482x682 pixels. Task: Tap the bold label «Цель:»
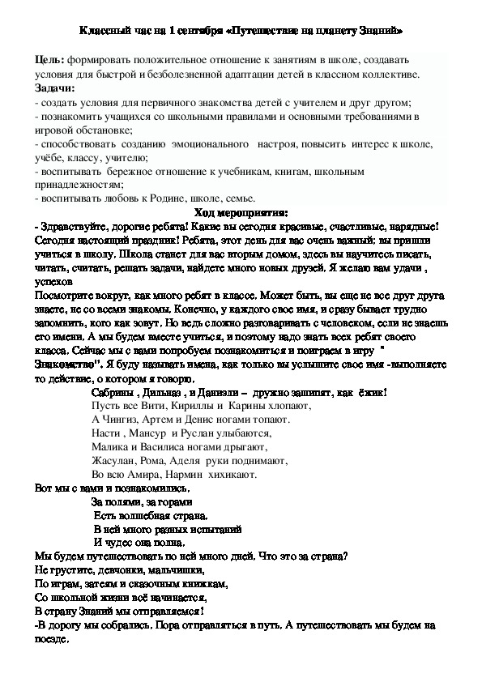51,61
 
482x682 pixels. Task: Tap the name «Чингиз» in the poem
123,420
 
